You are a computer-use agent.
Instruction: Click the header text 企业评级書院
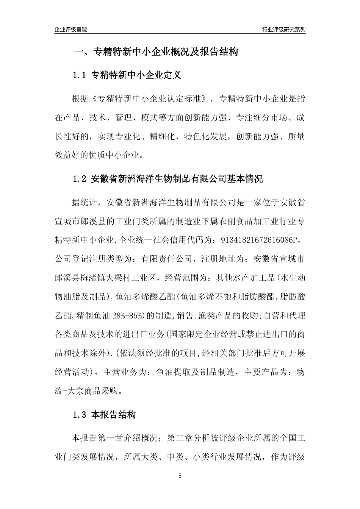click(x=71, y=30)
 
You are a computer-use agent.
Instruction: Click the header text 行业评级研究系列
click(x=284, y=30)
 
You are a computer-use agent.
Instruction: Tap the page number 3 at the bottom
click(x=180, y=476)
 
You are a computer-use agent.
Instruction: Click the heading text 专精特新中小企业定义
click(x=136, y=75)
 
